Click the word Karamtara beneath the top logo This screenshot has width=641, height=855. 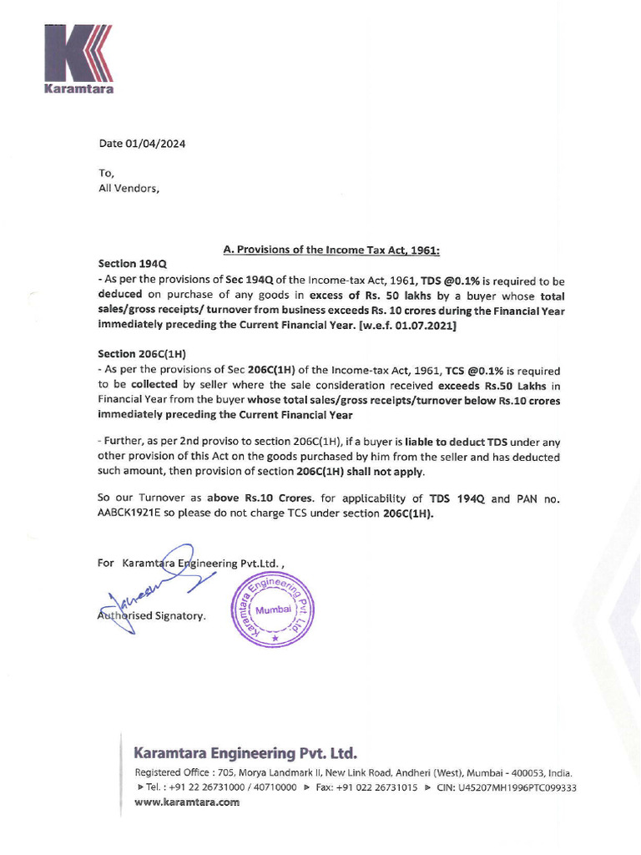pyautogui.click(x=78, y=89)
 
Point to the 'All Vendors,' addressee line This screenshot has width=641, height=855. pyautogui.click(x=128, y=188)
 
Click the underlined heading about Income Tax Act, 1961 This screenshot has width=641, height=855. pyautogui.click(x=331, y=249)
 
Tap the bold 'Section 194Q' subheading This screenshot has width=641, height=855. pyautogui.click(x=133, y=263)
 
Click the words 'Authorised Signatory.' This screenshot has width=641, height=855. pyautogui.click(x=152, y=616)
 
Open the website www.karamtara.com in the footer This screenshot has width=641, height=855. pyautogui.click(x=187, y=802)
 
